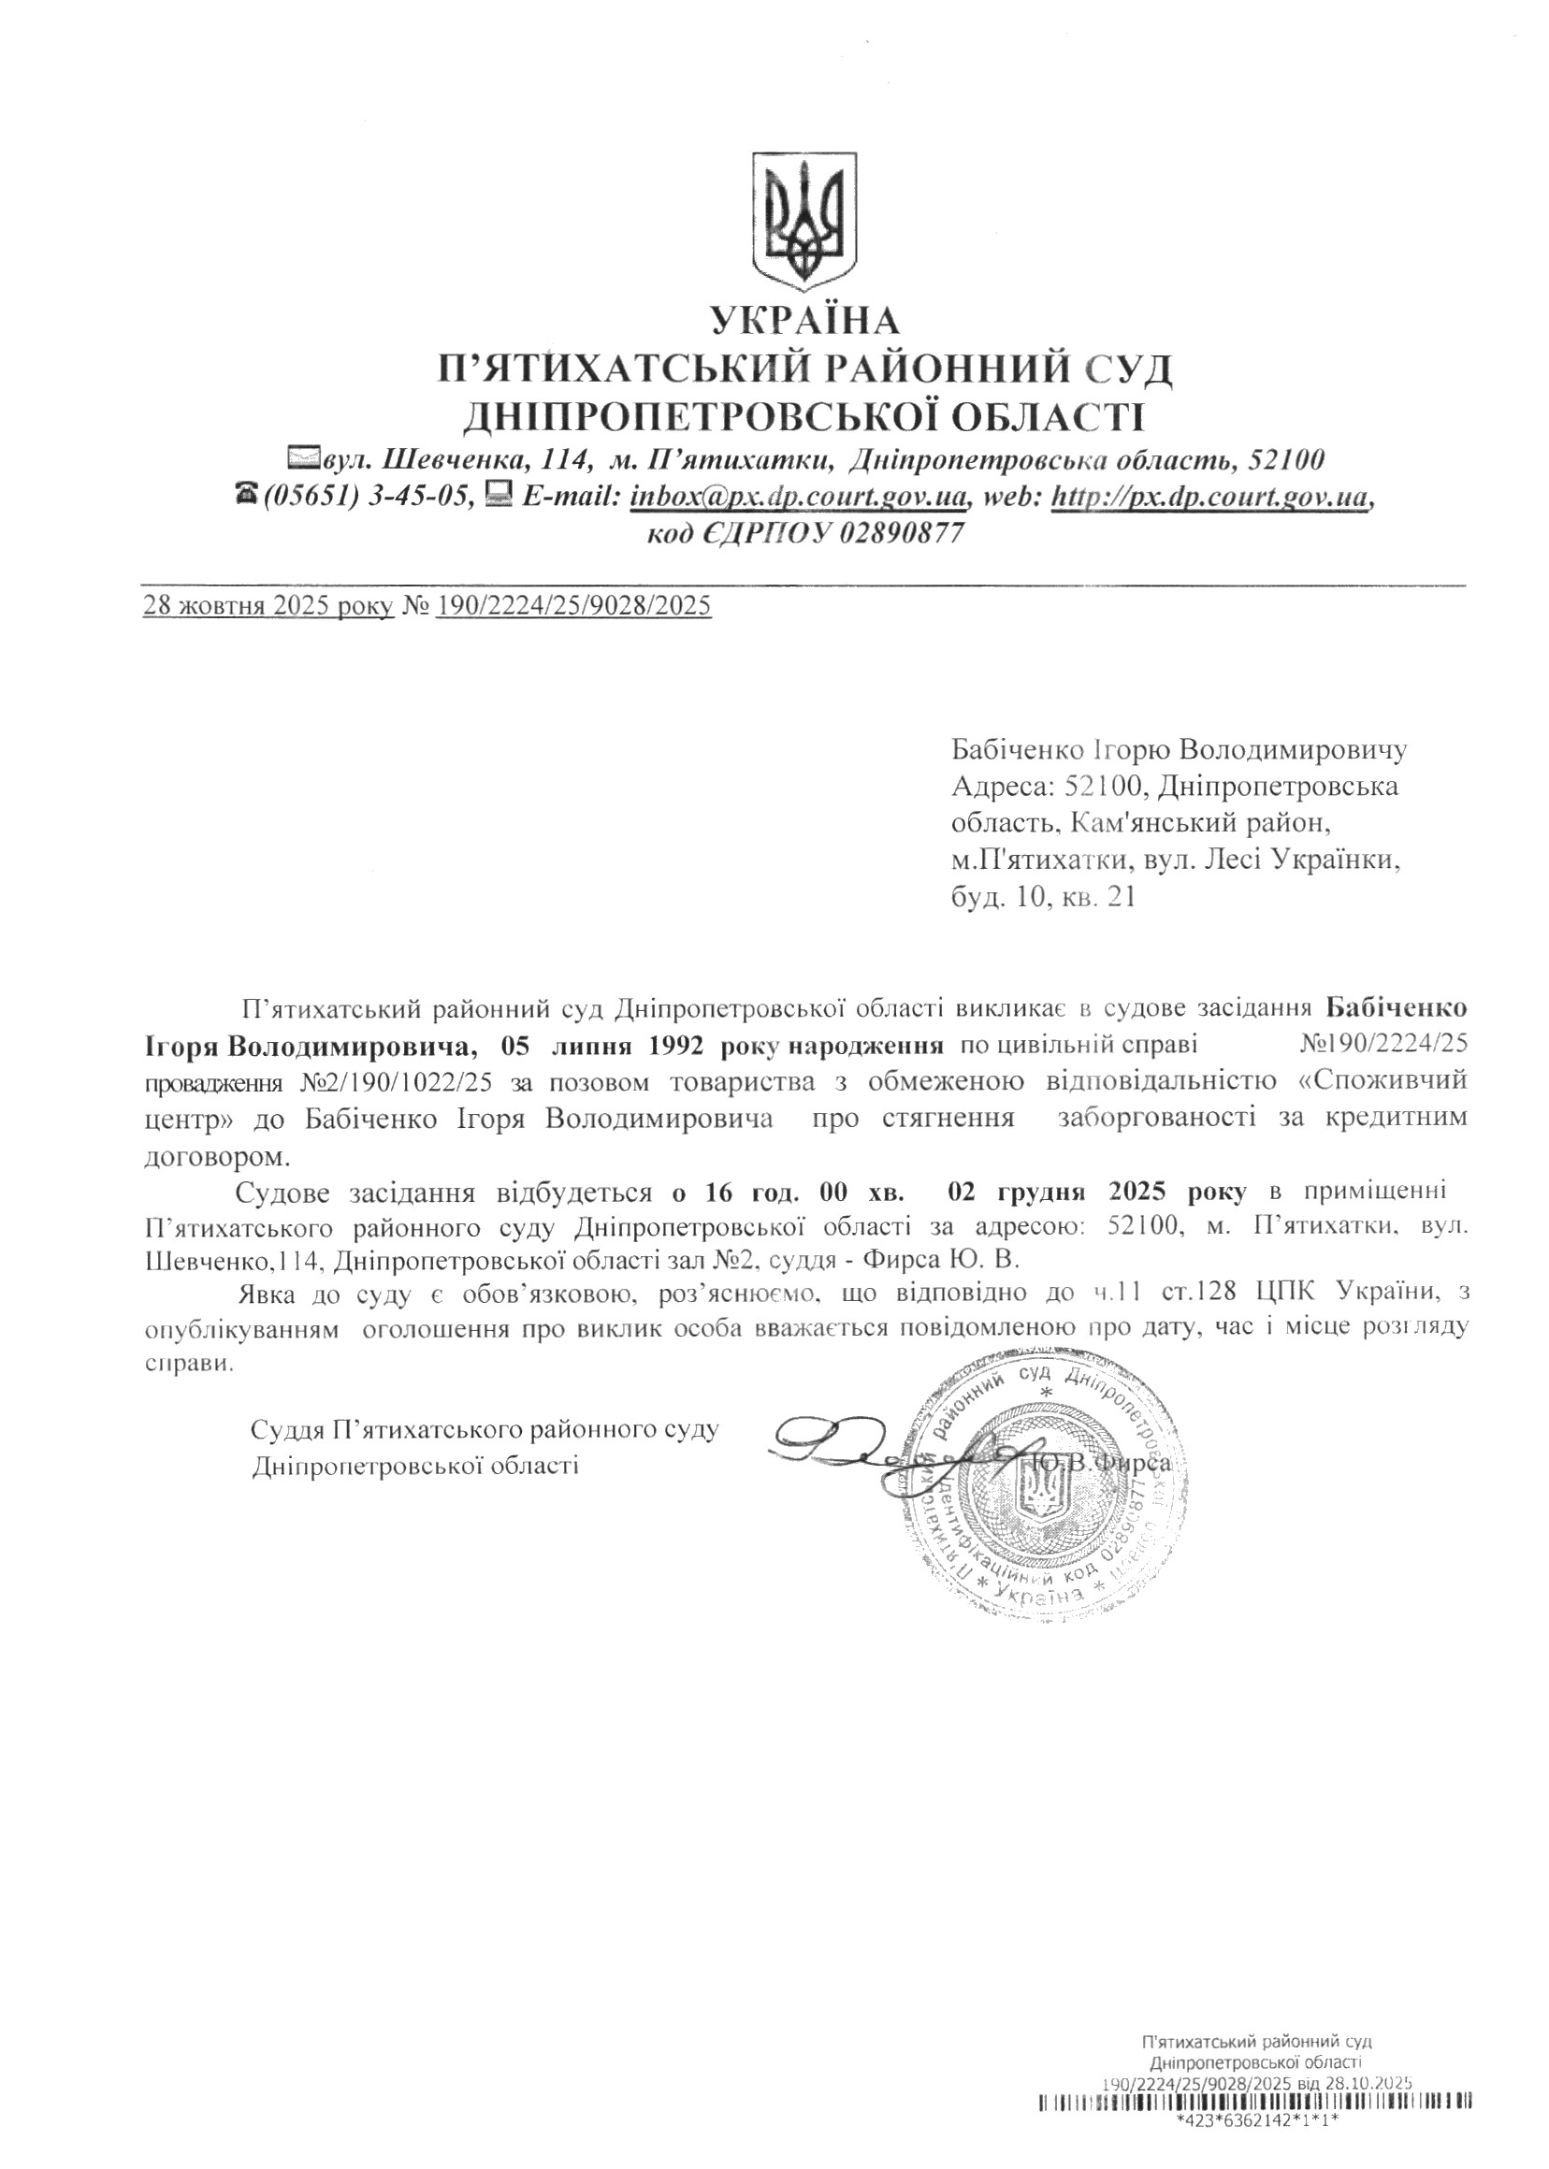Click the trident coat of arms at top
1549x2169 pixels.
pos(805,221)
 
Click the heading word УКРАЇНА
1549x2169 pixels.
pos(806,321)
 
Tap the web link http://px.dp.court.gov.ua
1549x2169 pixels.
pos(1209,496)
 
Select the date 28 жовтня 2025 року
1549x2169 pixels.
pos(268,606)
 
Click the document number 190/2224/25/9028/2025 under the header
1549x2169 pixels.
pos(573,606)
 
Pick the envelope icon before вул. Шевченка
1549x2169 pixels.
pos(304,460)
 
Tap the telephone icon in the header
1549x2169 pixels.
pos(246,495)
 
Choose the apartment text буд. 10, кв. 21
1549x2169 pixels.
pos(1044,897)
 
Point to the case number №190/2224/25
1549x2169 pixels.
pos(1383,1046)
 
